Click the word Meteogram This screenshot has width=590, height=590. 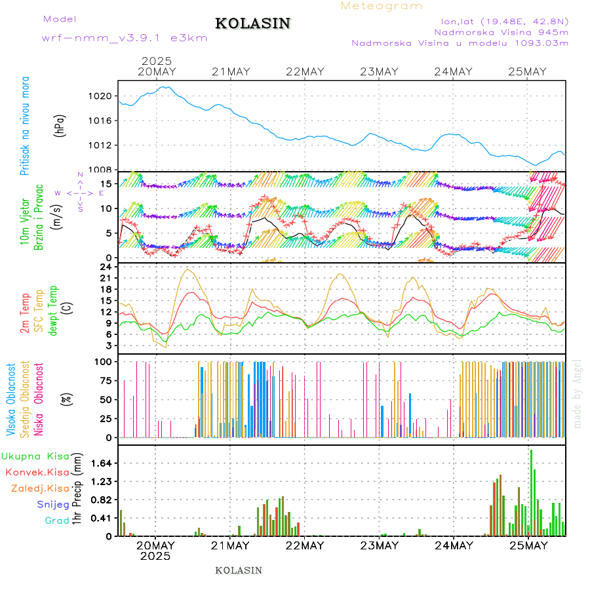382,6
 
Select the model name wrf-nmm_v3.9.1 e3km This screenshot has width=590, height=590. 125,39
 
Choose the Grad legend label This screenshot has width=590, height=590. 57,521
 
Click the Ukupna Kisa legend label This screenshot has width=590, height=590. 35,456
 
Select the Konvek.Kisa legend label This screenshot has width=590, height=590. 37,472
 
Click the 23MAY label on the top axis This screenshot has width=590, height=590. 379,71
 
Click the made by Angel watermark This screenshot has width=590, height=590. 578,393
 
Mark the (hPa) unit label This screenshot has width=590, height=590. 60,125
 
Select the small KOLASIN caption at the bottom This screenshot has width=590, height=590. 239,570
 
